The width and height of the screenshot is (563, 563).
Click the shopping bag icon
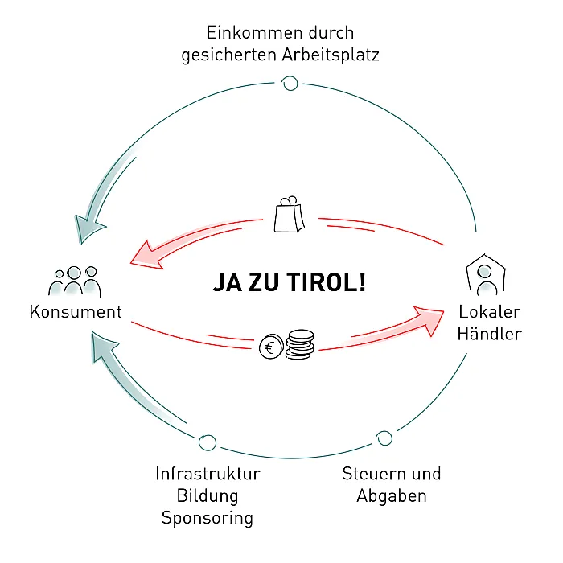(290, 215)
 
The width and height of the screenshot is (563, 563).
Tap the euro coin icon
(271, 347)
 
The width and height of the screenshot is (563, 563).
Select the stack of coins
(300, 344)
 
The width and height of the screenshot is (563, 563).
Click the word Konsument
(76, 312)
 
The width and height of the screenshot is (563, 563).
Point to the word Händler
(489, 334)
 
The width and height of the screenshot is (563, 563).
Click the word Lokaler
(489, 312)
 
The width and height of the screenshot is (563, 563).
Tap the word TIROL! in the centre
(327, 281)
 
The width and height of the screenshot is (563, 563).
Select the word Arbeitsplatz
(331, 55)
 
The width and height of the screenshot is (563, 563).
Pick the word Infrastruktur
(208, 474)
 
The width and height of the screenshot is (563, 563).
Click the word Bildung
(208, 496)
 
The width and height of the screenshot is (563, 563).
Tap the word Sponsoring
(208, 518)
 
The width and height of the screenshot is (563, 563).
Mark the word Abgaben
(392, 496)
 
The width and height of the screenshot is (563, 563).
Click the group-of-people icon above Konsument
(74, 281)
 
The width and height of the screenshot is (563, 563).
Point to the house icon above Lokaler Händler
(486, 275)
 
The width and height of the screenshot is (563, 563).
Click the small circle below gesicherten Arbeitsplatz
(290, 84)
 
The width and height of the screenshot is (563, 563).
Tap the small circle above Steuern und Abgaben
(384, 438)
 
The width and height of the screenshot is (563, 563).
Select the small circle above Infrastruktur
(208, 442)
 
